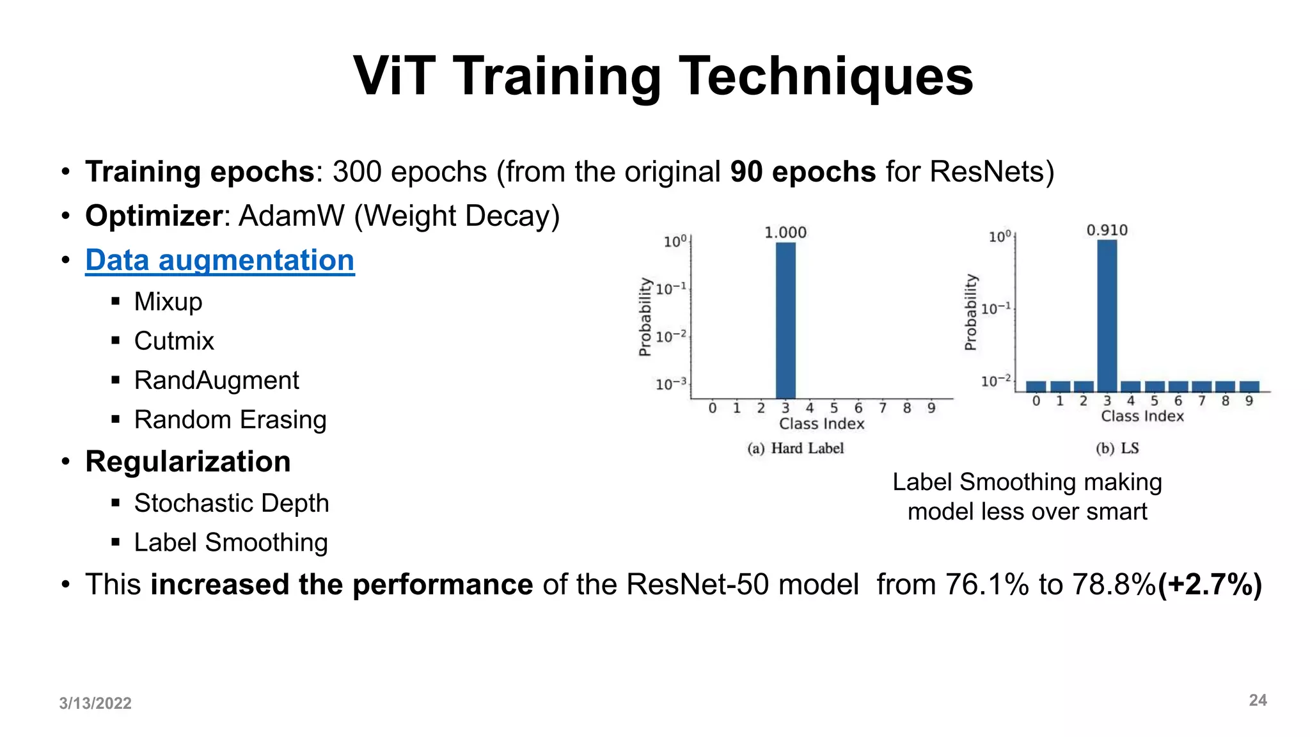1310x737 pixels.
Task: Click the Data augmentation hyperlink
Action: [219, 260]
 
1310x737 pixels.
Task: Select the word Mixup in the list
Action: [168, 301]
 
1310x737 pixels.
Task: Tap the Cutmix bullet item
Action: [173, 341]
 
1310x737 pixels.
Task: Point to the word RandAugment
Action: [216, 380]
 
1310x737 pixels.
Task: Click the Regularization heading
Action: [187, 461]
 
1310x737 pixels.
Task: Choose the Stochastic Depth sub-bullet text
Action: [231, 503]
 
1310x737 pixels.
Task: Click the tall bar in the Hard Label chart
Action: [785, 320]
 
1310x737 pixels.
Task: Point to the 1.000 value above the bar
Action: [785, 232]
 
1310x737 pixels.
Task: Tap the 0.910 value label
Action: [1107, 230]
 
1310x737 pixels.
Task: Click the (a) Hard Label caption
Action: [795, 448]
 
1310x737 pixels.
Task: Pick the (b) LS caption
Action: [1117, 448]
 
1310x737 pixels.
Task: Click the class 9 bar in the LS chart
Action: [1249, 386]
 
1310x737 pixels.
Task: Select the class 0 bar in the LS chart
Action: [1036, 386]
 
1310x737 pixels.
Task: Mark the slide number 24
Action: [1258, 701]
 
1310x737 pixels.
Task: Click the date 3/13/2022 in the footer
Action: [95, 703]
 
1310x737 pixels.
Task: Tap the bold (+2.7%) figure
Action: [1210, 584]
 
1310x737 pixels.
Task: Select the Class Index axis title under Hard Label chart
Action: [821, 424]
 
